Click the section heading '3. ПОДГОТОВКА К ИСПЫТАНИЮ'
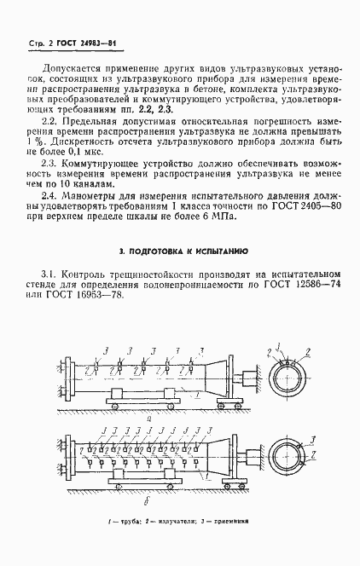(183, 251)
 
